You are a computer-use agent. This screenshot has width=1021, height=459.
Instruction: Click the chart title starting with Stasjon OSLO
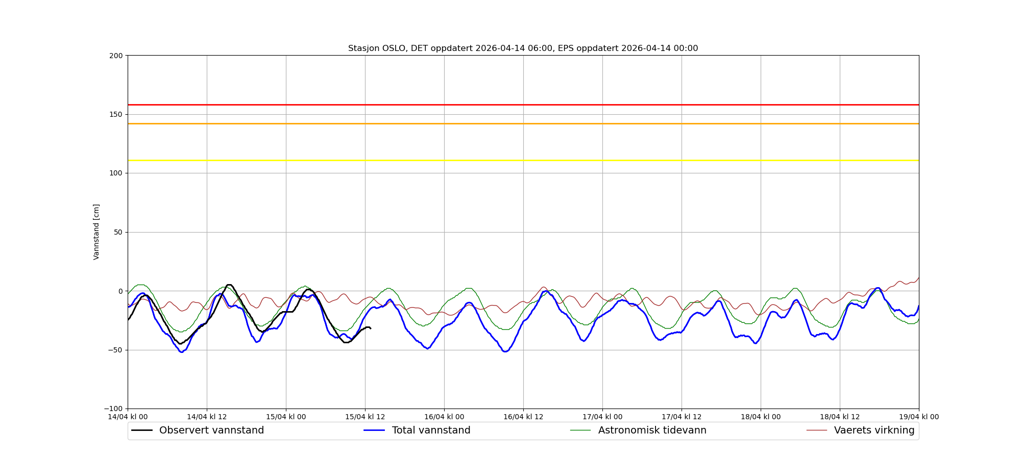click(523, 48)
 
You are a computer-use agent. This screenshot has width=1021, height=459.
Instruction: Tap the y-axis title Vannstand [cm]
click(96, 232)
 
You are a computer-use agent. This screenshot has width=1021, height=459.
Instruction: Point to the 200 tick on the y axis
click(116, 56)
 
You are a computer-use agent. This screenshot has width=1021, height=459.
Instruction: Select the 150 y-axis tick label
click(116, 114)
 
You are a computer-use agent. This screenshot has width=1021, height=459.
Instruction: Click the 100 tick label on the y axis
click(116, 173)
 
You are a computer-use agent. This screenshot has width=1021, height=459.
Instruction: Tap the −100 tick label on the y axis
click(114, 409)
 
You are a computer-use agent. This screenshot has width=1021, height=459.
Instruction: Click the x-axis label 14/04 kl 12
click(207, 417)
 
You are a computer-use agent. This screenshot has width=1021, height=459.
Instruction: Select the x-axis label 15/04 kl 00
click(286, 417)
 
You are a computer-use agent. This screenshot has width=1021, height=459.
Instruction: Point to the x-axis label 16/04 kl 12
click(523, 417)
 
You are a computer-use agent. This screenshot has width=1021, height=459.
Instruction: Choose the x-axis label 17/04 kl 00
click(602, 417)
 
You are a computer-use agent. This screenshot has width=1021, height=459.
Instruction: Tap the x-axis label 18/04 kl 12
click(840, 417)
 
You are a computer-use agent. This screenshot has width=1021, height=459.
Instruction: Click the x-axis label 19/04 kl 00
click(918, 417)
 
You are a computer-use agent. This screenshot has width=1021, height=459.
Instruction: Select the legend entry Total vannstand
click(431, 430)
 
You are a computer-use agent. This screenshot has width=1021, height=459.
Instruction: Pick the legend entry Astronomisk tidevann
click(652, 430)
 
